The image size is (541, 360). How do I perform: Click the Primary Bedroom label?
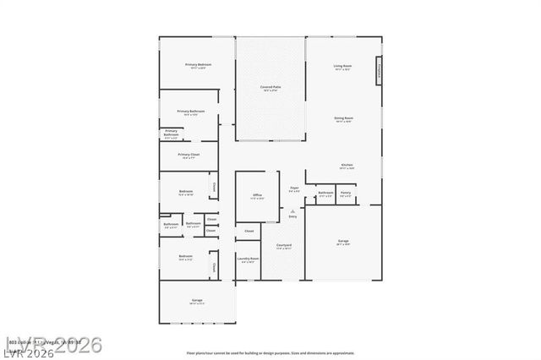point(199,66)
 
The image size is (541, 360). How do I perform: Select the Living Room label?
point(342,67)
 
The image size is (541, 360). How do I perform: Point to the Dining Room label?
point(342,119)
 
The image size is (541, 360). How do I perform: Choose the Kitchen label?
point(347,166)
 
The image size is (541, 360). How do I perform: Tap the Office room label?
point(257,197)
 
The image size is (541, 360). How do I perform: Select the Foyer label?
point(294,189)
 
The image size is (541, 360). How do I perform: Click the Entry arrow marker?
point(292,214)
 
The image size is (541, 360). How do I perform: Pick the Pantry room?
point(346,194)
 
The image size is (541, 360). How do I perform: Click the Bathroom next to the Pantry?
point(325,194)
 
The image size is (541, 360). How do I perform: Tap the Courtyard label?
point(283,247)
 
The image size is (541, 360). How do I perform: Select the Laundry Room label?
point(248,260)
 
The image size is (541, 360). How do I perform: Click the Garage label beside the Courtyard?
point(343,243)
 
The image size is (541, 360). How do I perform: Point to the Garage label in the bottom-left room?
point(196,302)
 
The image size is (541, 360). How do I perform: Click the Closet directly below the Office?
point(249,231)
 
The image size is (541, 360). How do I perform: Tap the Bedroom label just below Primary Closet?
point(186,193)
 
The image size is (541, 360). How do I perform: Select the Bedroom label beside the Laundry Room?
point(185,257)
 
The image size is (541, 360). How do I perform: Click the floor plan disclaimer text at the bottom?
point(270,353)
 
